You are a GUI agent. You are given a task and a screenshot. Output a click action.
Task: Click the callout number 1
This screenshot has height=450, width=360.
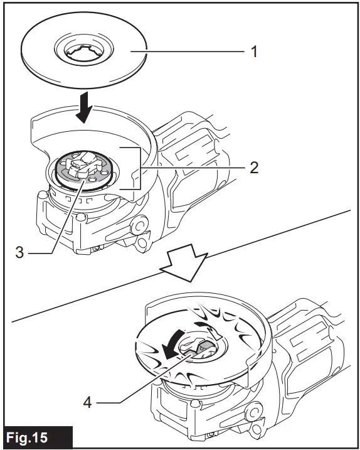coord(254,52)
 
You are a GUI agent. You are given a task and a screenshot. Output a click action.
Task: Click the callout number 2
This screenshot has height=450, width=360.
coord(254,168)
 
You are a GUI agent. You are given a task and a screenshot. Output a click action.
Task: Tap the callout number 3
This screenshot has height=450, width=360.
coord(19,252)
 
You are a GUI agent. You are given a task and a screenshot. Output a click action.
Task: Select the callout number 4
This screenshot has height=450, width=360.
coord(87,402)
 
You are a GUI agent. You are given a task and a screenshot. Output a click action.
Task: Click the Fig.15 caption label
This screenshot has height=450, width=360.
coord(27,437)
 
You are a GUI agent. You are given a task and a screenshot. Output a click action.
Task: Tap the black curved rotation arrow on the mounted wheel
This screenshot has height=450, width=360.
coord(172,345)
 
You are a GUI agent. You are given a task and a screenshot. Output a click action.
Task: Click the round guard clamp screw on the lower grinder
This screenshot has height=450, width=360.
coord(253,413)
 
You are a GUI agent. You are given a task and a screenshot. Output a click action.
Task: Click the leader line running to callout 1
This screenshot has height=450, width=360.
coord(188,51)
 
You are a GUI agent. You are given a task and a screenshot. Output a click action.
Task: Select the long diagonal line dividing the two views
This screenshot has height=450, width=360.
coord(181,265)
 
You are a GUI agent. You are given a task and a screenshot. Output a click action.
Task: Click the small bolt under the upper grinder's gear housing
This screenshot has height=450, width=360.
coord(98,249)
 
